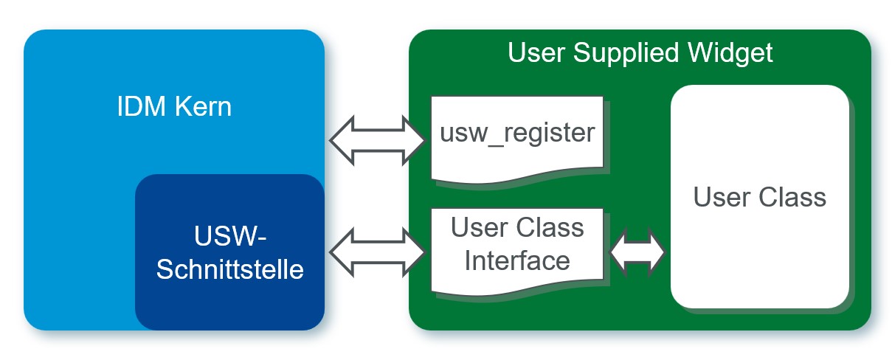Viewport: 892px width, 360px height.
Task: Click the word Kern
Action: tap(204, 106)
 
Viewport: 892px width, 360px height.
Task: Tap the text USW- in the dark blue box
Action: tap(229, 236)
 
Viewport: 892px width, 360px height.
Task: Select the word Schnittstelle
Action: tap(229, 269)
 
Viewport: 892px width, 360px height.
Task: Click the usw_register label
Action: tap(517, 133)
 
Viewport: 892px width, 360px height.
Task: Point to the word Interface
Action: tap(517, 261)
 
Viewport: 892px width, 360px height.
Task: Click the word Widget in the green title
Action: tap(730, 53)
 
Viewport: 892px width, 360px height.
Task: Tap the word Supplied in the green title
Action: tap(626, 53)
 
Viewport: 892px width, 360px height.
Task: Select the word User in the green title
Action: tap(536, 52)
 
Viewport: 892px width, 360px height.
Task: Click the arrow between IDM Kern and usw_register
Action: tap(377, 140)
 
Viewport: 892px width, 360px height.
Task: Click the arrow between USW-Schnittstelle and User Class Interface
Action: tap(377, 252)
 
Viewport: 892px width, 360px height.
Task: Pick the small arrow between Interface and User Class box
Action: tap(637, 252)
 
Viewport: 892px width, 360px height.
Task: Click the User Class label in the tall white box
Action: tap(759, 197)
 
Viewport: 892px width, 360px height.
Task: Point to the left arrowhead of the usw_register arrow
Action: tap(342, 140)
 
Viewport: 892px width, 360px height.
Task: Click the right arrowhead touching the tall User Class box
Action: tap(657, 252)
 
